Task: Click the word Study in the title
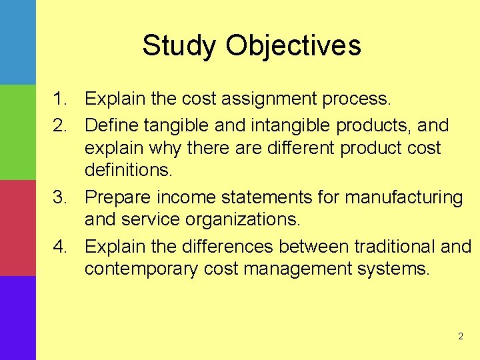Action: point(179,46)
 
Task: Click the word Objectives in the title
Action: point(293,46)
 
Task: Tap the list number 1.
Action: point(61,100)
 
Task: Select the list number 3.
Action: point(61,198)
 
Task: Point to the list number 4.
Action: point(61,247)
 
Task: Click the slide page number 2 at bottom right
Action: point(460,337)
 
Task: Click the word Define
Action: point(109,125)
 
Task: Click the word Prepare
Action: point(118,198)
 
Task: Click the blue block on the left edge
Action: point(17,41)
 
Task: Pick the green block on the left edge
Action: point(17,132)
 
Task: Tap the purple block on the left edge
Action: point(17,318)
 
